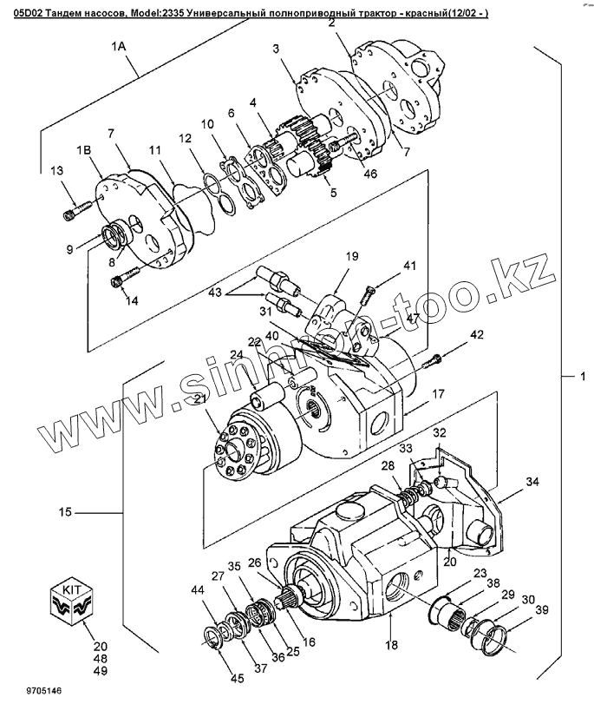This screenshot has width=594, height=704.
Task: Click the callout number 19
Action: (x=353, y=256)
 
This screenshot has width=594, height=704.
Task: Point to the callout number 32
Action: (x=440, y=432)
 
